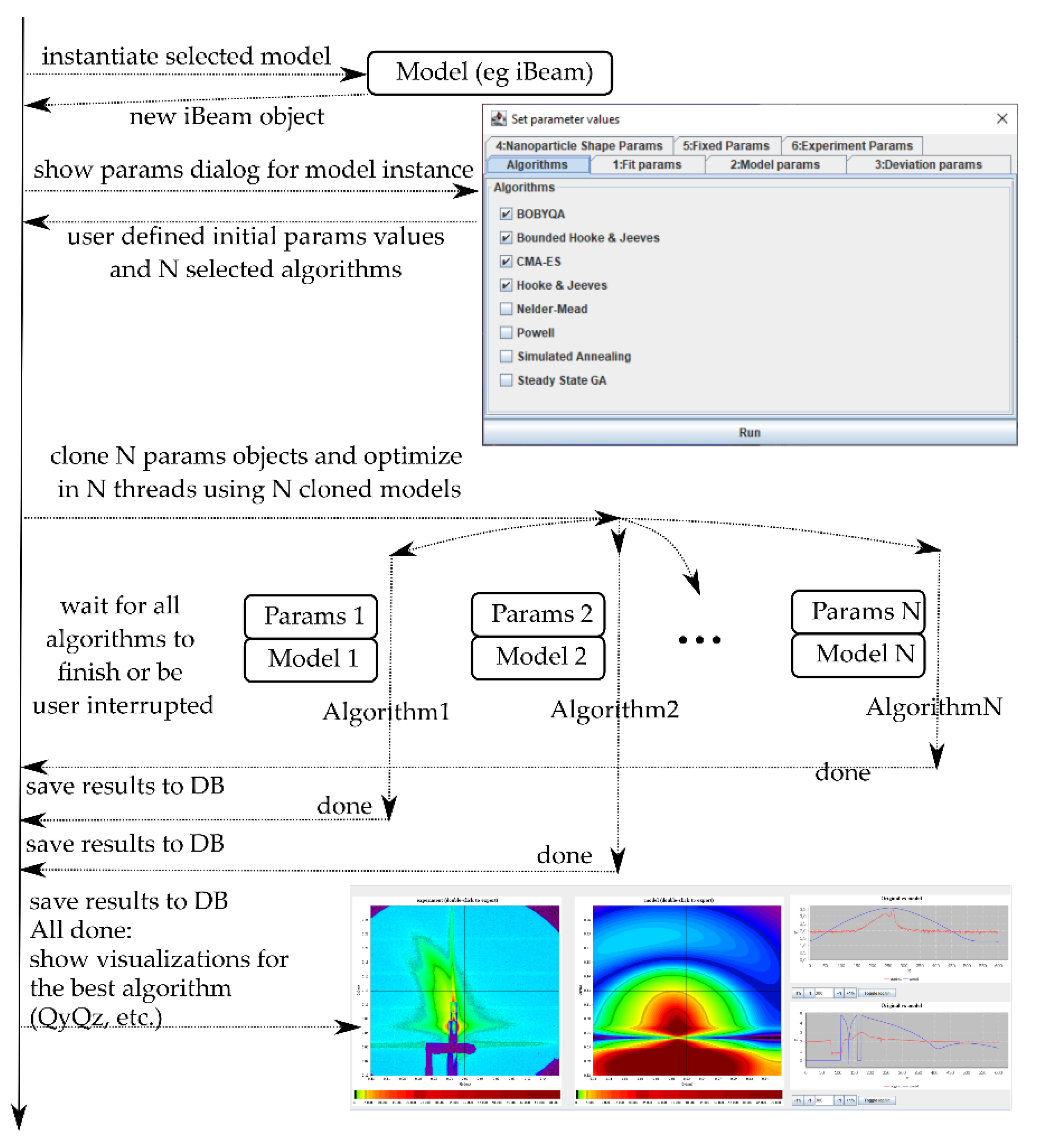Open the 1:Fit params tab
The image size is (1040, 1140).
pyautogui.click(x=647, y=164)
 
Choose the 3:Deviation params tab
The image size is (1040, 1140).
pyautogui.click(x=928, y=164)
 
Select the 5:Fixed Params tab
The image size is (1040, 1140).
pyautogui.click(x=726, y=146)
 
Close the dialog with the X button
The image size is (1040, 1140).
pyautogui.click(x=1001, y=119)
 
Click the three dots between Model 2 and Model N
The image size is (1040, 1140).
pyautogui.click(x=699, y=640)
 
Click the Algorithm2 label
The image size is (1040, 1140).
pyautogui.click(x=615, y=710)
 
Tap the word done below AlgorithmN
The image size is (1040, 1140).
pyautogui.click(x=842, y=773)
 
